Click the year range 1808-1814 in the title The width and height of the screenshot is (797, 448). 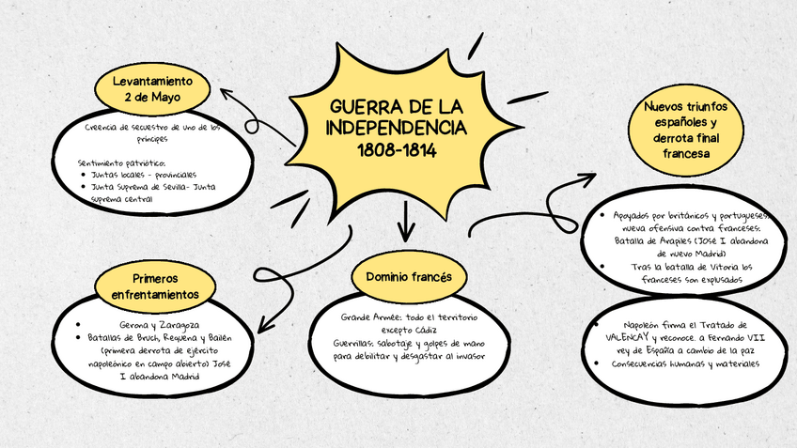point(397,149)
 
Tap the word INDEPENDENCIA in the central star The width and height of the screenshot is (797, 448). point(397,126)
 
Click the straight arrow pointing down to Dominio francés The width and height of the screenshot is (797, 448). point(406,226)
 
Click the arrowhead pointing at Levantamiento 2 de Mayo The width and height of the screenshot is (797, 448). point(226,92)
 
